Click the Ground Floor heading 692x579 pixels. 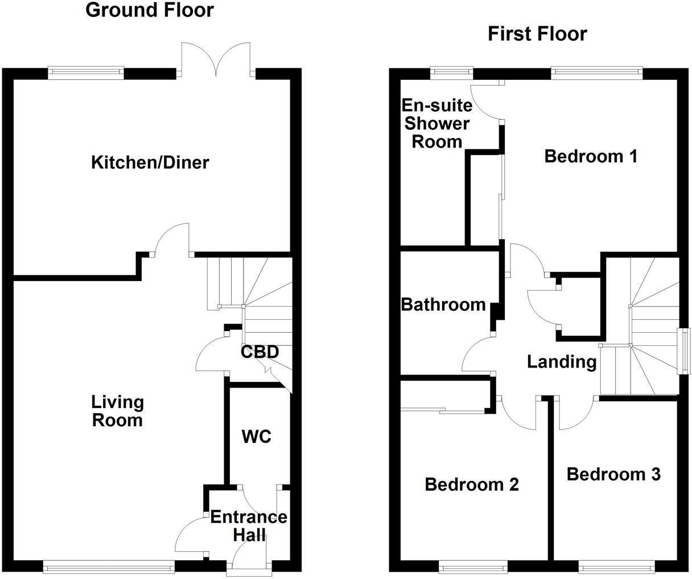click(150, 10)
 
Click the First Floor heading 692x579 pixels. click(537, 34)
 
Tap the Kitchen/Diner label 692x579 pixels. click(150, 163)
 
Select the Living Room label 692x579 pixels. click(118, 411)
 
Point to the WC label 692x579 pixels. click(256, 437)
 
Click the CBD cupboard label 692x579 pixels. click(259, 352)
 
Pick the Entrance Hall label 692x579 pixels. click(249, 526)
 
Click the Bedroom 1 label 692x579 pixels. click(591, 156)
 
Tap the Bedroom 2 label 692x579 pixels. click(472, 485)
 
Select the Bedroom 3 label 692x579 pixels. click(613, 474)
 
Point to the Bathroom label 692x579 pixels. click(443, 305)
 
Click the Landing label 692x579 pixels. click(561, 362)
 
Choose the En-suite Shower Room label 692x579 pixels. click(437, 123)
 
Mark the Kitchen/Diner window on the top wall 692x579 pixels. click(85, 72)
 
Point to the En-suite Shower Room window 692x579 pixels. click(452, 72)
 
